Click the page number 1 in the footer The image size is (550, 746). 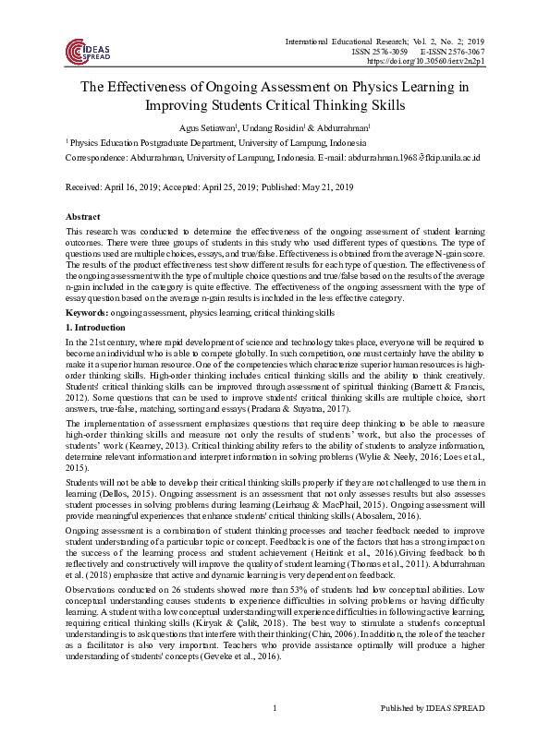[275, 733]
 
